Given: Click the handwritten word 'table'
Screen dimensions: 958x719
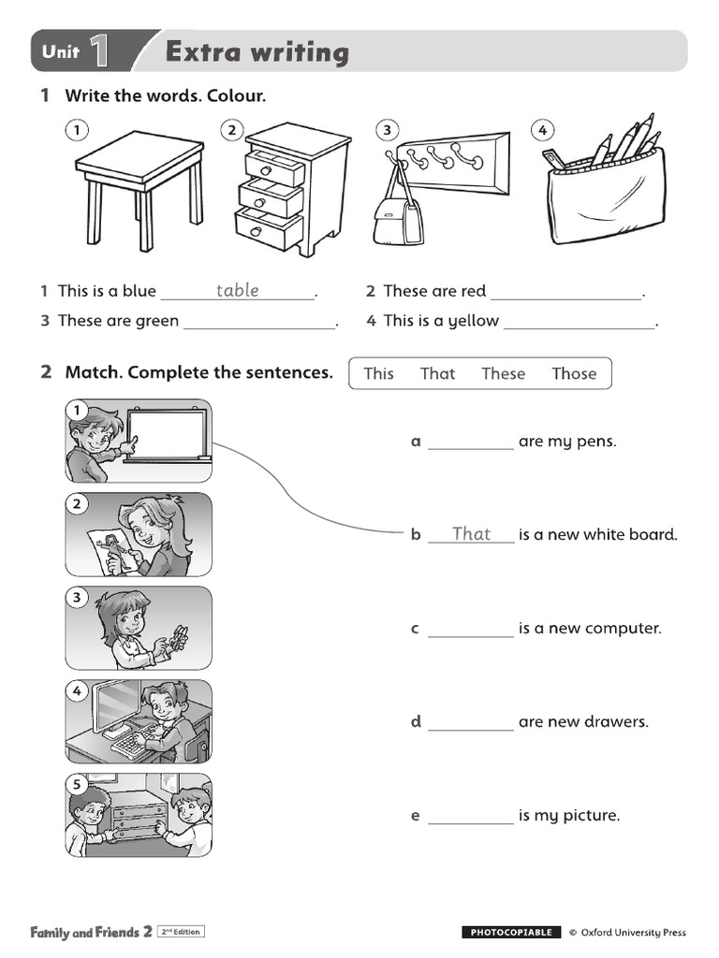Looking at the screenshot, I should (238, 291).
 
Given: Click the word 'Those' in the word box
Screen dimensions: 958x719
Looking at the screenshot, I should (574, 373).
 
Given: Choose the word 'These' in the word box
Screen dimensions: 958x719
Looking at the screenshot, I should (503, 373).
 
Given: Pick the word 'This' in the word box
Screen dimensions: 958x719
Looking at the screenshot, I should (378, 373).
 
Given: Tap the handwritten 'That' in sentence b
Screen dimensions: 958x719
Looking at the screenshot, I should (471, 534).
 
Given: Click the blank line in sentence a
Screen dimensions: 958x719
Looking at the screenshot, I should (471, 447).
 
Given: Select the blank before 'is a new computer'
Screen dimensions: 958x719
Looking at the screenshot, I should (471, 634).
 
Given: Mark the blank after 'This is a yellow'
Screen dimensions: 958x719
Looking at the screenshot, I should (580, 327).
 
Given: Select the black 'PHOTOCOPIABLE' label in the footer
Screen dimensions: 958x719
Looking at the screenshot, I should (511, 932).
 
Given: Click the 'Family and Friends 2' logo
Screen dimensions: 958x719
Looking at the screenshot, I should (91, 932).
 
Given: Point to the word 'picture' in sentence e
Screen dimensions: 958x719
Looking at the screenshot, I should (591, 816).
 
